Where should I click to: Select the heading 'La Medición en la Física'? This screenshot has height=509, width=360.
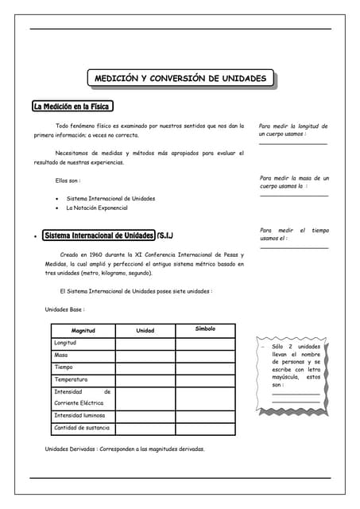click(72, 107)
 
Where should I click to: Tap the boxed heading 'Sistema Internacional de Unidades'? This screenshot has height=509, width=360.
click(99, 236)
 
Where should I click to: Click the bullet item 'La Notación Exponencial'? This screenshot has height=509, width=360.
click(97, 208)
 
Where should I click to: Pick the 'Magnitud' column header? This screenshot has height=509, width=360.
click(83, 330)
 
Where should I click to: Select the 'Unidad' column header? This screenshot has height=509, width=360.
click(145, 330)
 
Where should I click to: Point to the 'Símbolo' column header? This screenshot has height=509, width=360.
click(205, 328)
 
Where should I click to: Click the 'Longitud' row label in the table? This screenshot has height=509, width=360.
click(65, 343)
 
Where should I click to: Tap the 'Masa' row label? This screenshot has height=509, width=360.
click(61, 355)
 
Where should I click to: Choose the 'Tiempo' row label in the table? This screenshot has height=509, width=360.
click(64, 367)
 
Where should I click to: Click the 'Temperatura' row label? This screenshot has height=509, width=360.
click(71, 380)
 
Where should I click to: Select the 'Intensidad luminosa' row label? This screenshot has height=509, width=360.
click(79, 415)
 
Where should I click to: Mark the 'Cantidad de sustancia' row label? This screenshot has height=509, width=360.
click(82, 428)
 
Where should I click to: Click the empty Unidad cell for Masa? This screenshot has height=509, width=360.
click(145, 356)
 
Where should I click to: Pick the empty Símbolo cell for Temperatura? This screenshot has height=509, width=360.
click(205, 380)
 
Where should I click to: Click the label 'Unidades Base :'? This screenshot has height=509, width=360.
click(64, 309)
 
